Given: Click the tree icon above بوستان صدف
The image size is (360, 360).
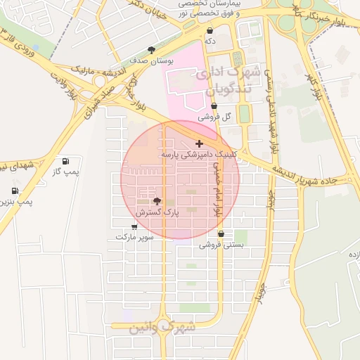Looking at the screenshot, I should [151, 50].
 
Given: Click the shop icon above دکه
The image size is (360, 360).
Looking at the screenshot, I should [210, 31].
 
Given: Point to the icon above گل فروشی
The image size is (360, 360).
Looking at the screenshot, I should [214, 106].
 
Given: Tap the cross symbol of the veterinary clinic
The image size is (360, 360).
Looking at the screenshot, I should [200, 143].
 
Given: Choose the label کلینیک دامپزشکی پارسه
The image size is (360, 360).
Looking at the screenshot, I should [201, 154].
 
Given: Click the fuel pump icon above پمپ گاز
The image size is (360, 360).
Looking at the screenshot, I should [65, 161].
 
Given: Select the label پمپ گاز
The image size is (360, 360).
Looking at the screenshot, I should [68, 172].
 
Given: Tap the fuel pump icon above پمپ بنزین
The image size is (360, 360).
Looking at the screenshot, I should [15, 191].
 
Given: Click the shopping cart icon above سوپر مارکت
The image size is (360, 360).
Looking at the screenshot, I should [134, 226].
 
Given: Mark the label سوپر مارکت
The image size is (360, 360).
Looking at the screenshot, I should [134, 238].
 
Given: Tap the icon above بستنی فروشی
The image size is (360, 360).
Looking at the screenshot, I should [221, 234].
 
